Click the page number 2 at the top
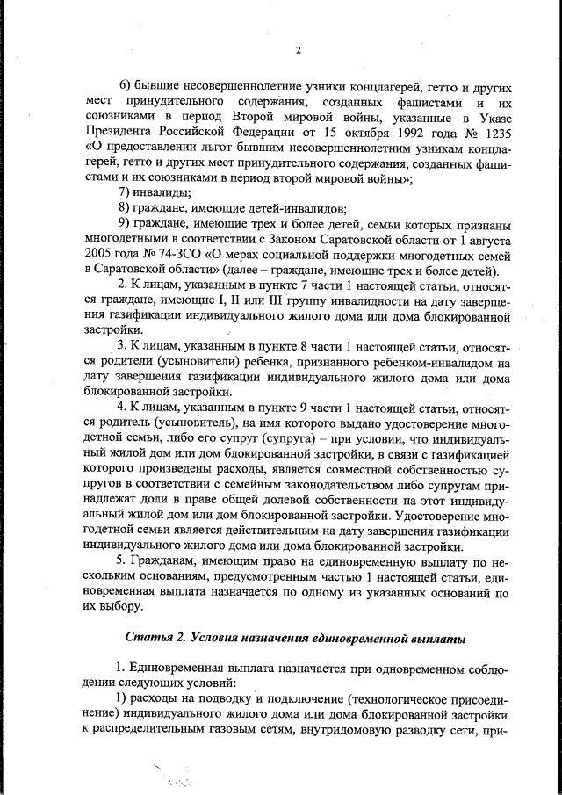[x=298, y=50]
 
